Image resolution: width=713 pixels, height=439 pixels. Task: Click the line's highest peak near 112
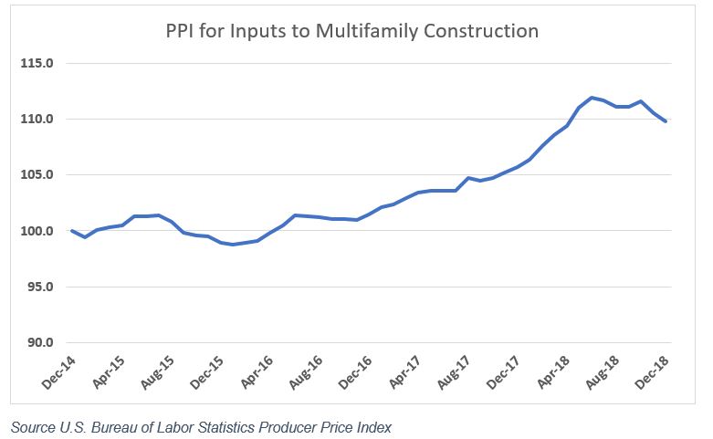coord(592,98)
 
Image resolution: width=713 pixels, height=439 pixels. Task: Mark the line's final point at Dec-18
coord(666,121)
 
